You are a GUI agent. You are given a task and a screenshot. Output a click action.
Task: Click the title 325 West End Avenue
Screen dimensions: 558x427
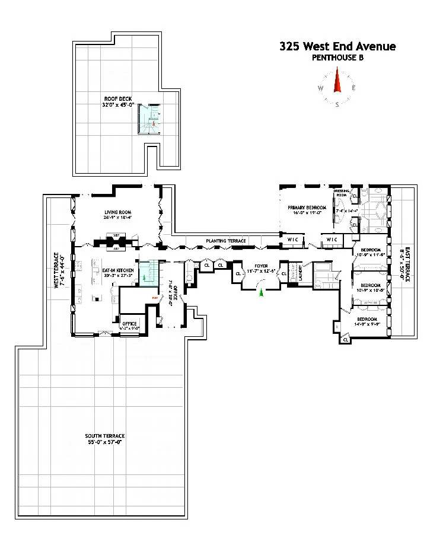click(x=337, y=46)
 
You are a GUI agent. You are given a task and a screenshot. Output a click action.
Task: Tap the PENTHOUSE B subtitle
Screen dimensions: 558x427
click(x=337, y=58)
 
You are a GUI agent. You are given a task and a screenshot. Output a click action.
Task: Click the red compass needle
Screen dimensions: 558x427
click(x=337, y=81)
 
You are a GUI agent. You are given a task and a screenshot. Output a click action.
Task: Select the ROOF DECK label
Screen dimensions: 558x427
click(x=118, y=99)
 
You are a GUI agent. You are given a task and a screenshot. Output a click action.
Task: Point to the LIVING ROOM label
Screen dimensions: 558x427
click(x=118, y=212)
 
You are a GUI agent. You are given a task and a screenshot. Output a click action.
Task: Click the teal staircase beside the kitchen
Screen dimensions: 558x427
click(x=148, y=272)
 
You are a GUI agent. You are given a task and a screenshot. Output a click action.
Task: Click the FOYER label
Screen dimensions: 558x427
click(x=262, y=266)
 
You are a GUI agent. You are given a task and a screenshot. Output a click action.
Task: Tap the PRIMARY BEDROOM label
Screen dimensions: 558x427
click(x=308, y=208)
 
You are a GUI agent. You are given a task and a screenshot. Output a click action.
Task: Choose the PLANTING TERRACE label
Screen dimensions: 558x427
click(x=226, y=241)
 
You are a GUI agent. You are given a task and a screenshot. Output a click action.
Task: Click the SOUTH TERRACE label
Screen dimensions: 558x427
click(x=104, y=436)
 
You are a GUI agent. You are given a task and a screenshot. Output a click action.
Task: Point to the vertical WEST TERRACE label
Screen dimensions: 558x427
click(x=58, y=270)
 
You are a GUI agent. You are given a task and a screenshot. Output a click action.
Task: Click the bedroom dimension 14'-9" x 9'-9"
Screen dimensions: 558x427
click(x=368, y=324)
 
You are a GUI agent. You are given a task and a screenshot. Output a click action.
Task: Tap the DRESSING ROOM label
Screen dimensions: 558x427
click(x=341, y=193)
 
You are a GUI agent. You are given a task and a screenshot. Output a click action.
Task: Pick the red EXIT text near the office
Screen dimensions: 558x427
click(x=154, y=298)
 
